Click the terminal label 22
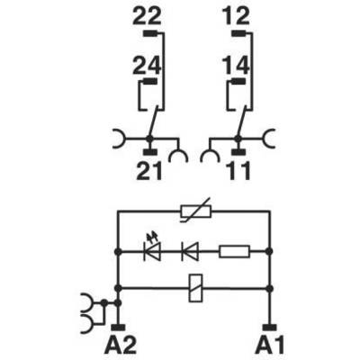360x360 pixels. click(x=147, y=17)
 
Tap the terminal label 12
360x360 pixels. click(x=236, y=17)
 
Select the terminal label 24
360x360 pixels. click(x=147, y=66)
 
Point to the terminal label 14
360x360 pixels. click(x=236, y=66)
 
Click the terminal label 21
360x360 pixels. click(x=149, y=171)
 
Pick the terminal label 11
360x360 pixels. click(x=239, y=171)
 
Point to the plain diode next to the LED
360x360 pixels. click(x=190, y=251)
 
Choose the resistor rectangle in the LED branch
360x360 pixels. click(x=234, y=251)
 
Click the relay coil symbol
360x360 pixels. click(x=195, y=288)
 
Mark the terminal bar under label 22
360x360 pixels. click(x=149, y=33)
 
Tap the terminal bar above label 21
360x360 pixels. click(x=150, y=152)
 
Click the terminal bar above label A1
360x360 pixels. click(x=270, y=328)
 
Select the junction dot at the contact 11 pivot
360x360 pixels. click(x=238, y=139)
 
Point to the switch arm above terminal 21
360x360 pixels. click(x=152, y=123)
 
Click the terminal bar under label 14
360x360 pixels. click(x=238, y=81)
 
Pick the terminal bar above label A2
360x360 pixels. click(x=119, y=328)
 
